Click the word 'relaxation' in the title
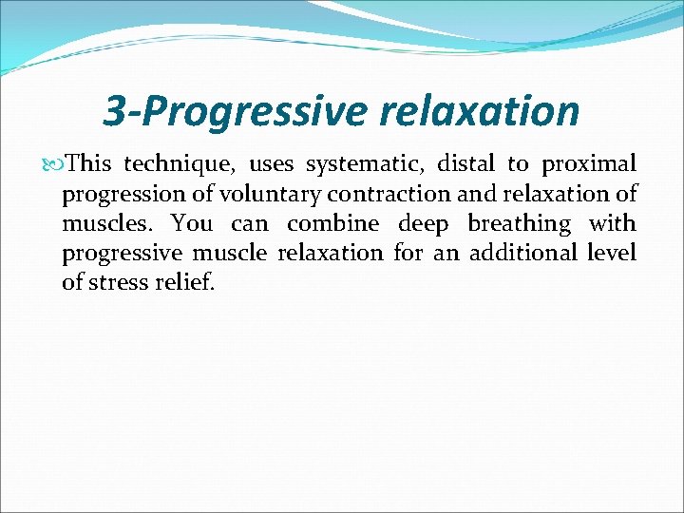[479, 111]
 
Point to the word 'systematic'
[366, 164]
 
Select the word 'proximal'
[588, 164]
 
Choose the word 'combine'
[332, 224]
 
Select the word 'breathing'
[519, 224]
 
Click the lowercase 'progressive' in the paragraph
[121, 254]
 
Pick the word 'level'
[611, 254]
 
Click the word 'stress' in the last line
[119, 283]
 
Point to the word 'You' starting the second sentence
[192, 224]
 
